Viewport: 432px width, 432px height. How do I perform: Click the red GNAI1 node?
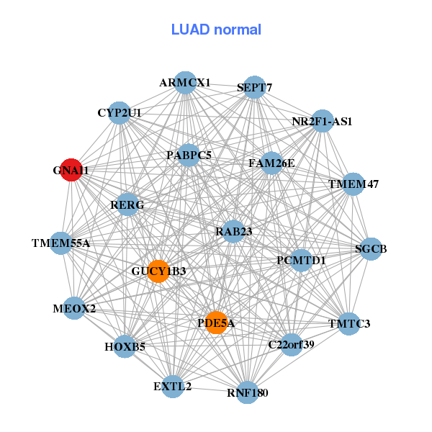[71, 170]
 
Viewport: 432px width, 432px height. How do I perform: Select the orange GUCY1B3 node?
[158, 271]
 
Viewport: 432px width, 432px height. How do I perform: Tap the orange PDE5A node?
[216, 323]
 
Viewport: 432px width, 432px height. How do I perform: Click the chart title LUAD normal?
[216, 30]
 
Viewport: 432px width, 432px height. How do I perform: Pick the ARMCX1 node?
[186, 83]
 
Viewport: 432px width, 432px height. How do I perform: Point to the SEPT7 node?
[254, 87]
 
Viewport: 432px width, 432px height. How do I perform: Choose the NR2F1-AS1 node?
[322, 121]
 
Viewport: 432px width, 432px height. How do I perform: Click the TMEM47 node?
[353, 184]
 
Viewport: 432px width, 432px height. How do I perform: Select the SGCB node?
[371, 249]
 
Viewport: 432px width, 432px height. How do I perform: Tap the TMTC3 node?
[348, 324]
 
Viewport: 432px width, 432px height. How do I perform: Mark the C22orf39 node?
[291, 345]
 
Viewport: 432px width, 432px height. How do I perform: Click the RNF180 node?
[248, 392]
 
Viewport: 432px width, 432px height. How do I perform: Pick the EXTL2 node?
[173, 386]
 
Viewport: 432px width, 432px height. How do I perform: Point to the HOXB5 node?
[125, 346]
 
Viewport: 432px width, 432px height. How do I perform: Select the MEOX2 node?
[74, 308]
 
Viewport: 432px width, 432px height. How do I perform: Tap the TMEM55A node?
[61, 243]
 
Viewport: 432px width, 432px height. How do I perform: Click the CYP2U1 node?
[120, 113]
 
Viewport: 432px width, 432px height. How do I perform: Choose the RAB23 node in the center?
[233, 231]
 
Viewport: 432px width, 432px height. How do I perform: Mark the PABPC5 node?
[189, 155]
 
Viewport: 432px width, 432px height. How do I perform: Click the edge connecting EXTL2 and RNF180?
[210, 390]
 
